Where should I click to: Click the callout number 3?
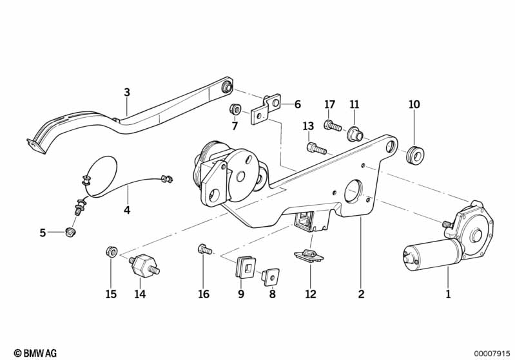[x=127, y=93]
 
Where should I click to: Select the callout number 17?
[x=330, y=104]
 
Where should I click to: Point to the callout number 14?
[x=140, y=294]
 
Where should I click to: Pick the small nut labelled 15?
[x=111, y=252]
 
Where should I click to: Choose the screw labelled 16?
[x=203, y=249]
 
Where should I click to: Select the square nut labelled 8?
[x=271, y=277]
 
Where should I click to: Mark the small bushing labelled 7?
[x=235, y=108]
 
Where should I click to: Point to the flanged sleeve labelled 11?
[x=353, y=135]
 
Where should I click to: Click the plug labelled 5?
[x=72, y=231]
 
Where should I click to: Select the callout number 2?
[x=361, y=294]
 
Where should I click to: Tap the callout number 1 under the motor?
[x=448, y=294]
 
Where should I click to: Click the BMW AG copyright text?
[x=32, y=353]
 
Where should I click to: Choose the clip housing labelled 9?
[x=246, y=267]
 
